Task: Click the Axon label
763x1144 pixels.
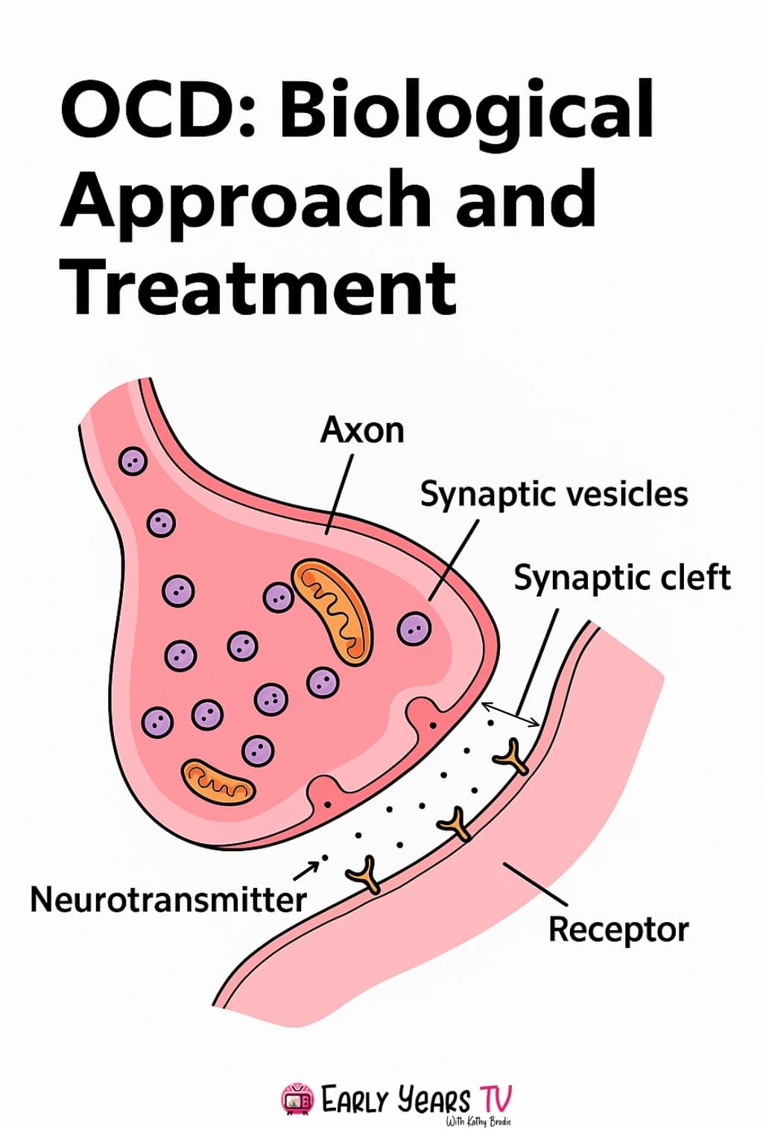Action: coord(362,430)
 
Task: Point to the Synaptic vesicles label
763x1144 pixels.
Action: coord(554,495)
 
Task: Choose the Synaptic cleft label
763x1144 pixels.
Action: coord(622,578)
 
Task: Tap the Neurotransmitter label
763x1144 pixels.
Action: coord(168,900)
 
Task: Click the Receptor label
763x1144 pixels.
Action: coord(618,929)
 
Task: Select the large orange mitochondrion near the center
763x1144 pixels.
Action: coord(332,611)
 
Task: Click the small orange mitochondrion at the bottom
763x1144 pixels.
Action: coord(218,783)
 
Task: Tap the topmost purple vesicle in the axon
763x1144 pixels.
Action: coord(133,462)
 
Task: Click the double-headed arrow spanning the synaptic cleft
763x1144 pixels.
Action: coord(511,714)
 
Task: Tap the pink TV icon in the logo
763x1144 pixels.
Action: coord(297,1099)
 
